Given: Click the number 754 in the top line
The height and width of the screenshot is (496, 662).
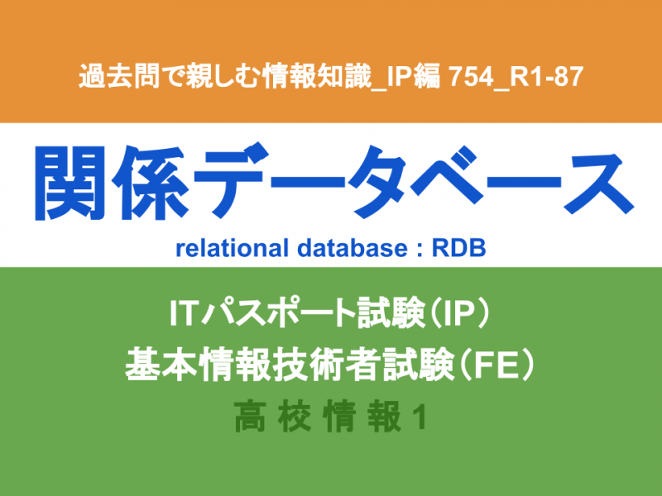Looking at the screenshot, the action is [x=470, y=77].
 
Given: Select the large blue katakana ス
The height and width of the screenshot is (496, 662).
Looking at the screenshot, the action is [x=597, y=183].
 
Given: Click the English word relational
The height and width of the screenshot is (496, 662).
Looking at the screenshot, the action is [x=233, y=248].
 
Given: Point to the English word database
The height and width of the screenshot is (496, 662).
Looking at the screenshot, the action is [x=353, y=248].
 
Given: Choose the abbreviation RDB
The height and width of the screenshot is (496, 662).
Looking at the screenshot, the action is [x=458, y=248].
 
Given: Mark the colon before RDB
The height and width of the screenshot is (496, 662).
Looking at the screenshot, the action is [x=420, y=250].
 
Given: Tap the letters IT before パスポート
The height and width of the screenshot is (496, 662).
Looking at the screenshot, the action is [x=183, y=313].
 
